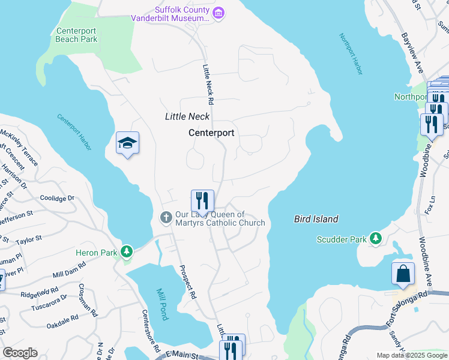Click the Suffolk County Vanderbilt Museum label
coord(172,14)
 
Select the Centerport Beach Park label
coord(76,35)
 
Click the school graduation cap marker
coord(127,143)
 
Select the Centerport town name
coord(211,133)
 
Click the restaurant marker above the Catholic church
coord(202,201)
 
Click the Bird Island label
coord(316,219)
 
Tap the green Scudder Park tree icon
coord(376,239)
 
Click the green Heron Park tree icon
coord(126,251)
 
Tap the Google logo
coord(20,353)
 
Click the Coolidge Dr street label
coord(57,197)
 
